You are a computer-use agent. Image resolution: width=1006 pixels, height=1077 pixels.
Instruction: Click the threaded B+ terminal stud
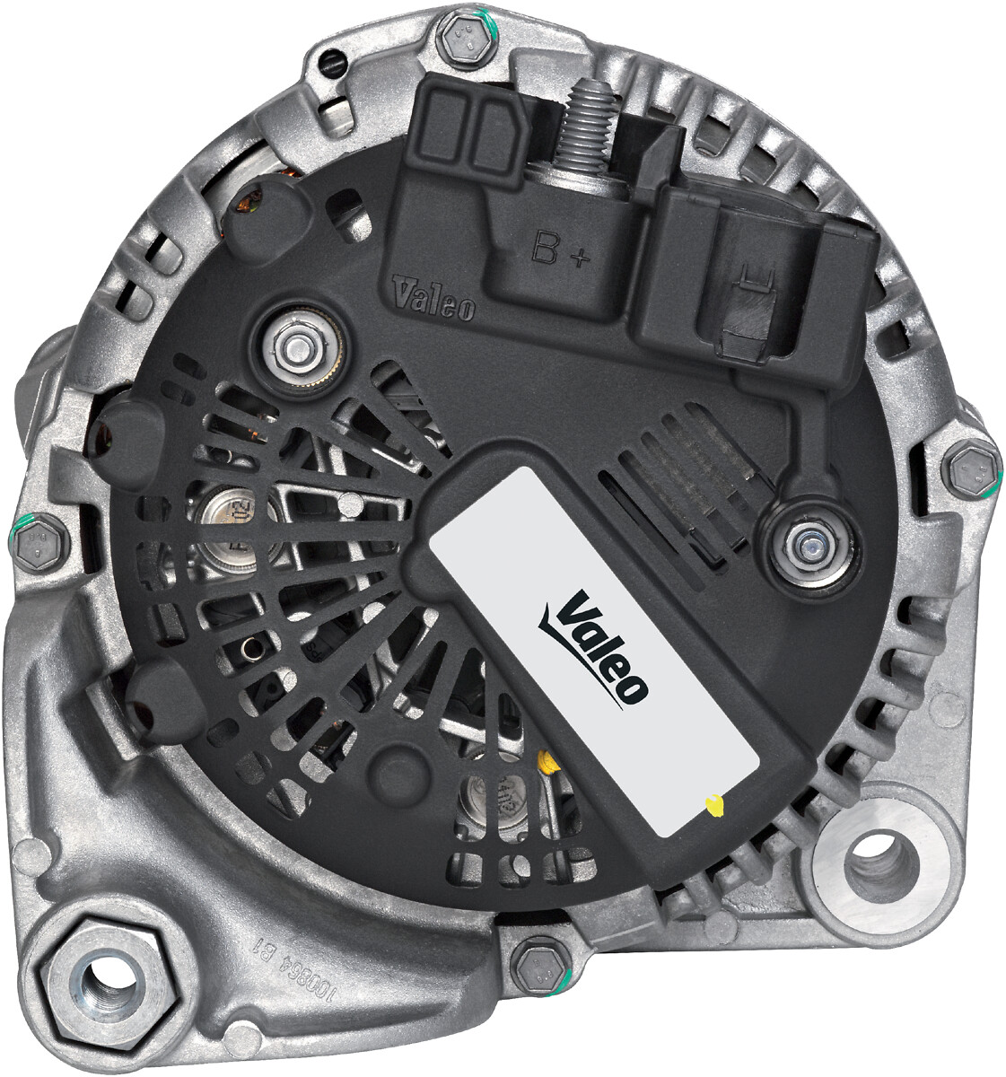(x=587, y=126)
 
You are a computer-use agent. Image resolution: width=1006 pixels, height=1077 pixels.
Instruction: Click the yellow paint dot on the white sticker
(x=714, y=805)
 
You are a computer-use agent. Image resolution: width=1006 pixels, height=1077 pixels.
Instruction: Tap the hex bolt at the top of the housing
(x=468, y=39)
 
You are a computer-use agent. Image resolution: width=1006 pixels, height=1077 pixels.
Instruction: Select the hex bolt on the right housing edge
(x=972, y=468)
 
